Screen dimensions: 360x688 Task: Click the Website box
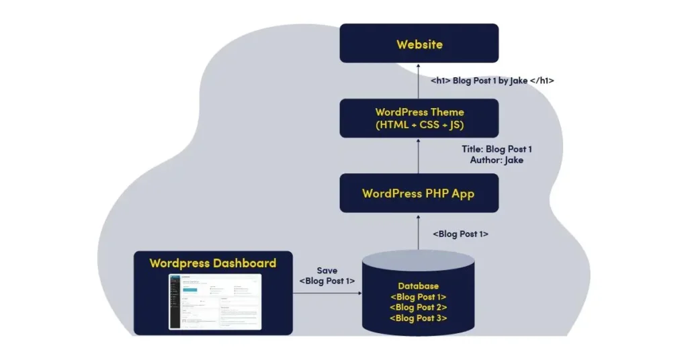[419, 44]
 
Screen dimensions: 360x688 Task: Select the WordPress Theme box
[419, 118]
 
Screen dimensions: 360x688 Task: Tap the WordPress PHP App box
[419, 193]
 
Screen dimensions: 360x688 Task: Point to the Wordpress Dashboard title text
[212, 263]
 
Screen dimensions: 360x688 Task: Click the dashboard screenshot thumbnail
[214, 301]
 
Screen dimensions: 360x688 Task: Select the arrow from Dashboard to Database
[327, 293]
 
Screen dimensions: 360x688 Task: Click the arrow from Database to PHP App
[419, 232]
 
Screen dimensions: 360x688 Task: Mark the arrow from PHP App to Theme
[419, 156]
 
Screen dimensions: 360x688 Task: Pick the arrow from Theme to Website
[419, 81]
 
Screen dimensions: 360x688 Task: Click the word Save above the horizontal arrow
[327, 271]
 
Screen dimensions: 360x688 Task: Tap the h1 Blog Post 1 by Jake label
[492, 81]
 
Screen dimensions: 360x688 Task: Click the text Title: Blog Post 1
[497, 149]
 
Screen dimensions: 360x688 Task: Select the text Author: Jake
[497, 161]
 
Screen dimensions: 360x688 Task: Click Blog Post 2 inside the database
[418, 308]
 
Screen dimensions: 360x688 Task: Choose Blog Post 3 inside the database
[418, 318]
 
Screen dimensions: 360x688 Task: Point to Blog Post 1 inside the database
[418, 297]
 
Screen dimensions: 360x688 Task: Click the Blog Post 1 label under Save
[327, 281]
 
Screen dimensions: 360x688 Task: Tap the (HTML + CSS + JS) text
[419, 125]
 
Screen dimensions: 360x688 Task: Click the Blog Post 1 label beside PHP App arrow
[460, 234]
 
